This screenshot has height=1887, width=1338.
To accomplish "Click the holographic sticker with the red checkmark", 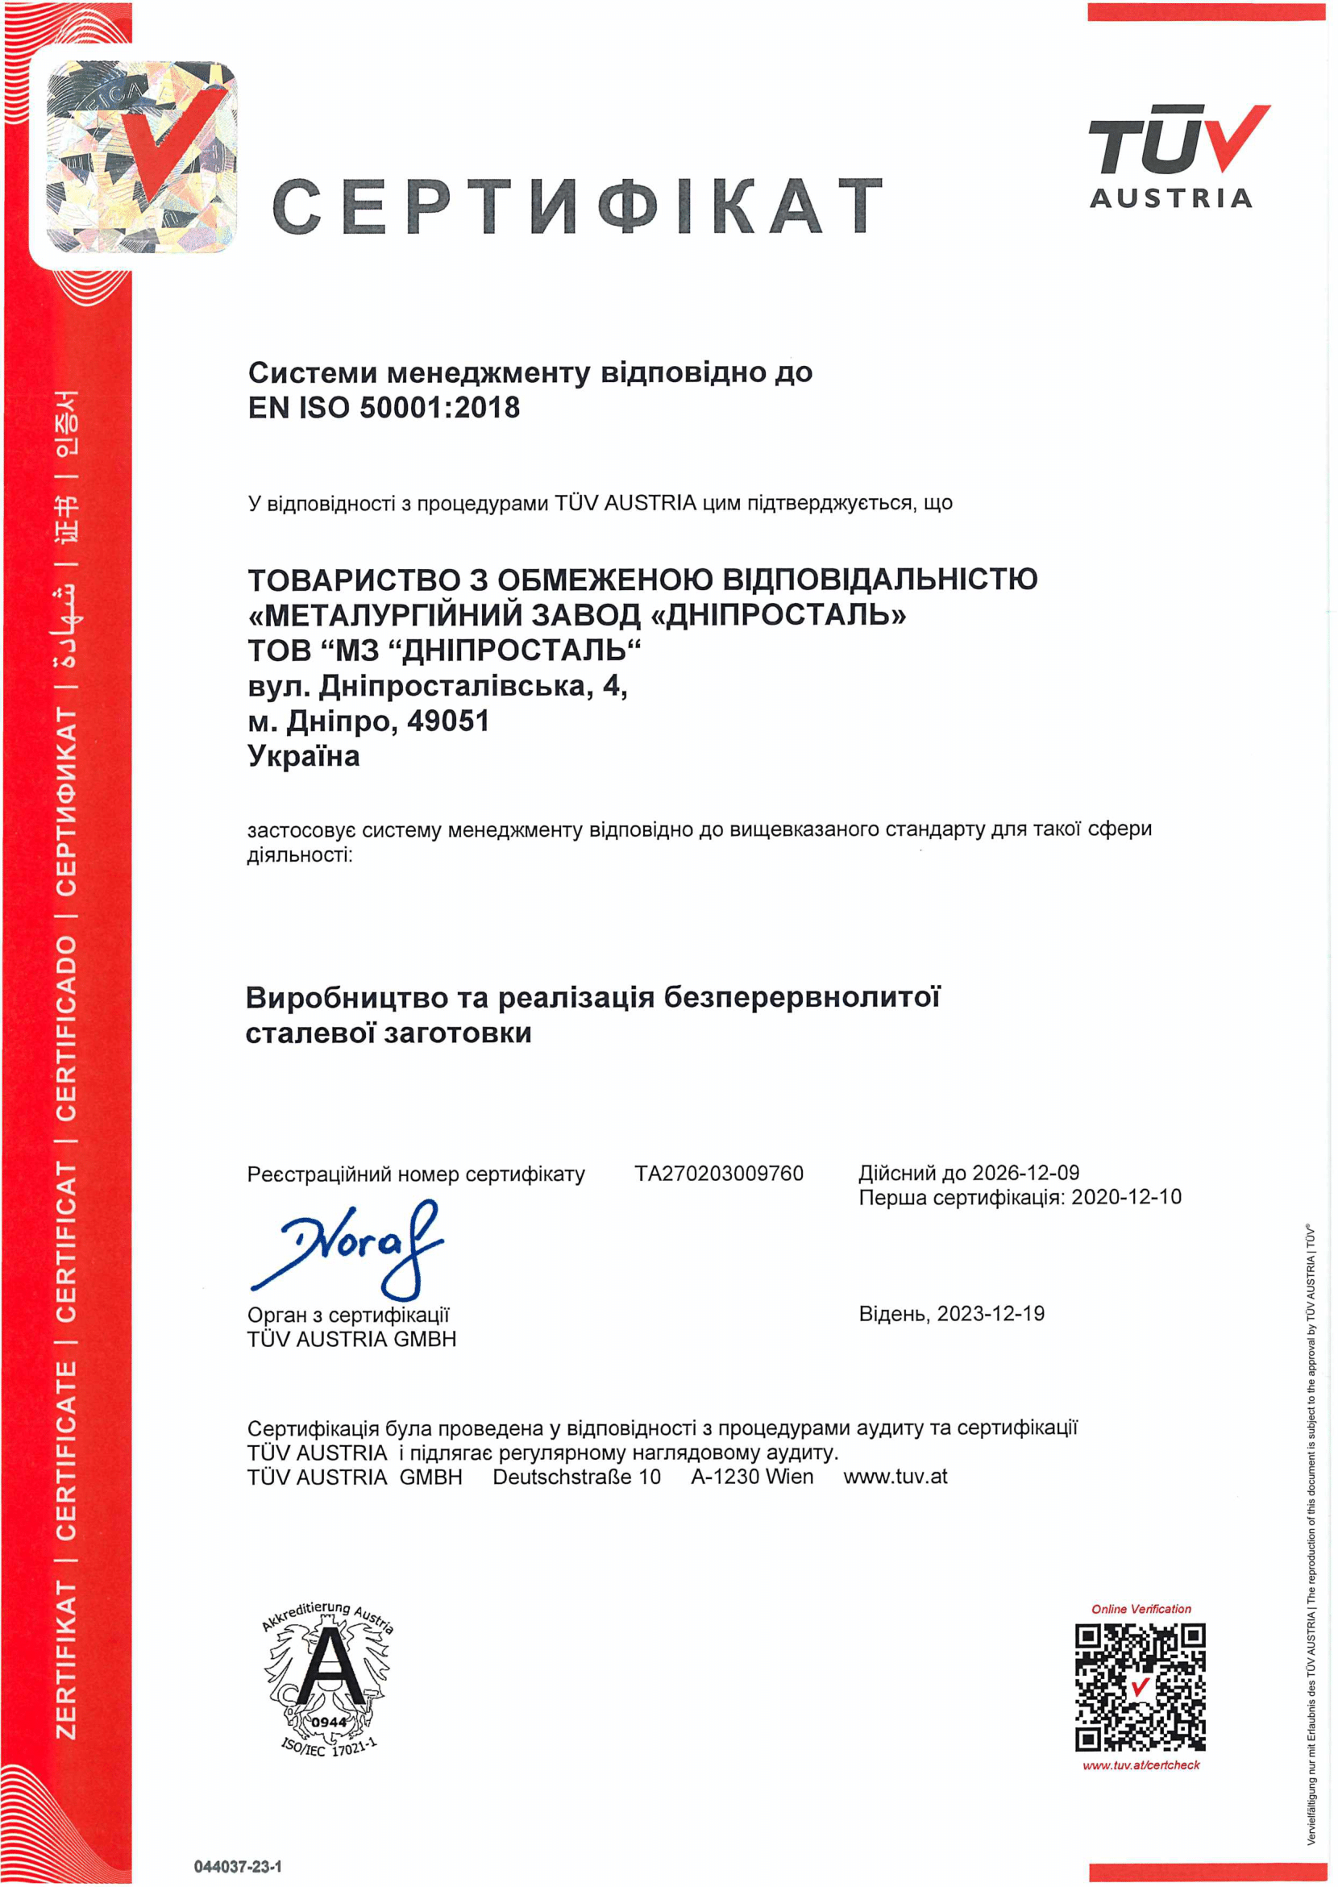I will coord(140,156).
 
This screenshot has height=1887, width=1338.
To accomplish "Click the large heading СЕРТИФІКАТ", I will coord(577,206).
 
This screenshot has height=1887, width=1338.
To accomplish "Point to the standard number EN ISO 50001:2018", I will coord(384,408).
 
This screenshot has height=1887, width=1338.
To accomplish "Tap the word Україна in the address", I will coord(303,756).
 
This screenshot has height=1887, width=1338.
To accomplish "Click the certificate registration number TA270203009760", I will coord(718,1174).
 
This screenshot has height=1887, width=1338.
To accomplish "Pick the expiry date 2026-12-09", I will coord(1025,1173).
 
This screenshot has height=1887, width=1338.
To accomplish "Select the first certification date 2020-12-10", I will coord(1125,1196).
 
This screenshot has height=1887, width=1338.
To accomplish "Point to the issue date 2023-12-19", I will coord(991,1313).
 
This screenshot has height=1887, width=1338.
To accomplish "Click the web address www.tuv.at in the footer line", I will coord(895,1477).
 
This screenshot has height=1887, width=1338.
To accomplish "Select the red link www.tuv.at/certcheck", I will coord(1141,1765).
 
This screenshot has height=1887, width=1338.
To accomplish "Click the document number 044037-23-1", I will coord(237,1866).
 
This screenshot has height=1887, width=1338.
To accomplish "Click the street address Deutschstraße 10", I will coord(576,1477).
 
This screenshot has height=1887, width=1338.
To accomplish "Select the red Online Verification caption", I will coord(1141,1608).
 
